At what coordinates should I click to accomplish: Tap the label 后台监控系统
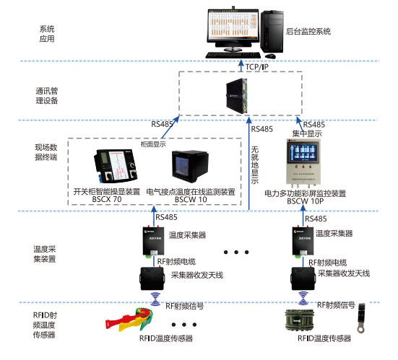tap(308, 32)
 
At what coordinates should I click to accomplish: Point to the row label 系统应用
tap(46, 32)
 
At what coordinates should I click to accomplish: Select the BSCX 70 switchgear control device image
tap(115, 165)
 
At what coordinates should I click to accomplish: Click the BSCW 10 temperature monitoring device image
tap(188, 167)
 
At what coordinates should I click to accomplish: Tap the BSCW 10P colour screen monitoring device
tap(308, 164)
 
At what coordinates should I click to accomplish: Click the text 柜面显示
tap(153, 144)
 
